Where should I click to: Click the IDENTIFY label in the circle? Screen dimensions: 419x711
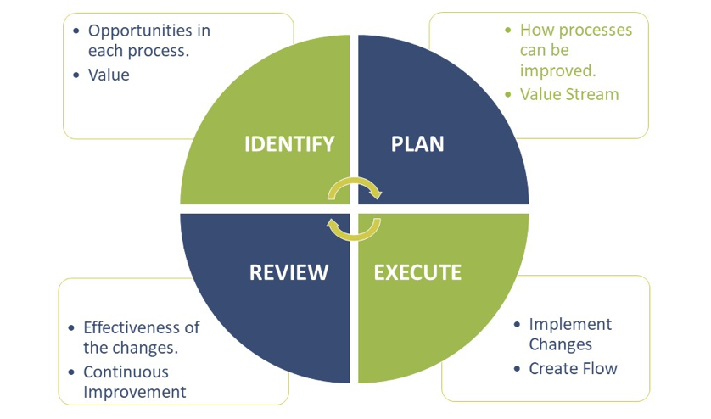289,143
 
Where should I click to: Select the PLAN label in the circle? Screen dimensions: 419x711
417,143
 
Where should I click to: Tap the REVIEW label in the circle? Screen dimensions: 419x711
288,272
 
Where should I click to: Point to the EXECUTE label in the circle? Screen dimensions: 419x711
417,272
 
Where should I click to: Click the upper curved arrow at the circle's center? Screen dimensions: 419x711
355,188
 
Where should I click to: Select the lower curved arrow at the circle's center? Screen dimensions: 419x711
355,227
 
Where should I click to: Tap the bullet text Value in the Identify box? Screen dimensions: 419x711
109,75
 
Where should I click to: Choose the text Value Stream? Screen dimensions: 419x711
569,93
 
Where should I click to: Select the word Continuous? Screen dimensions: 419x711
126,372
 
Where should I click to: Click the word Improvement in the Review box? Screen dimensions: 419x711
134,392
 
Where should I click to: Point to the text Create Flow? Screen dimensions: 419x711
573,368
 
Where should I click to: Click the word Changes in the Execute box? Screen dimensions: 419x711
560,344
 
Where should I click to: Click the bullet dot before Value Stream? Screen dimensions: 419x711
508,93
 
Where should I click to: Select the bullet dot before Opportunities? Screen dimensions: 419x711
77,31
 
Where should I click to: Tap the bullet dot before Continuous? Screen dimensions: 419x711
71,372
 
